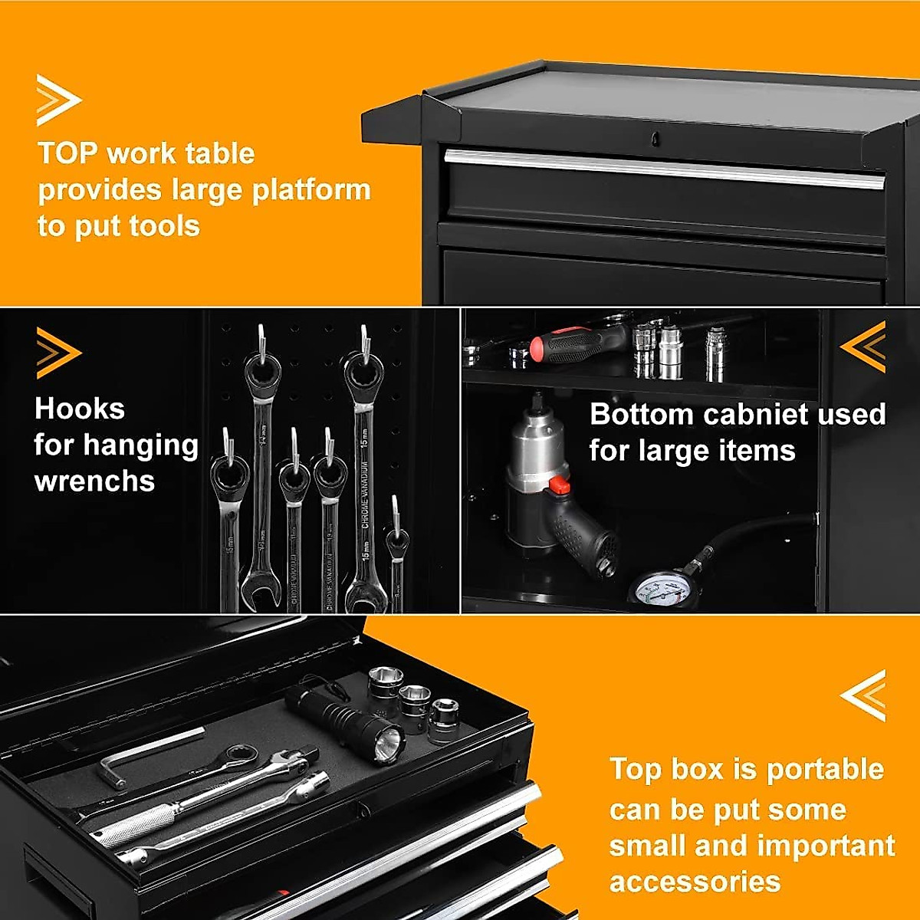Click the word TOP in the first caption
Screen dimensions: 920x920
[67, 153]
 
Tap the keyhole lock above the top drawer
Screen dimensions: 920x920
[655, 139]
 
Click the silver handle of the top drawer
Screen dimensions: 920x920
[663, 168]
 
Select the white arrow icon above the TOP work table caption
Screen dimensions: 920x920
[58, 100]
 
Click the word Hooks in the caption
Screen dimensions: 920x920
[79, 409]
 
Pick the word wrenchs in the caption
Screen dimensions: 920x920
[94, 481]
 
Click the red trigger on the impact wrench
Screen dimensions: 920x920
[560, 485]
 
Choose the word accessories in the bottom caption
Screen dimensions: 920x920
[695, 882]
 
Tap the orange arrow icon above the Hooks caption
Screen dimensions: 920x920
[58, 353]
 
